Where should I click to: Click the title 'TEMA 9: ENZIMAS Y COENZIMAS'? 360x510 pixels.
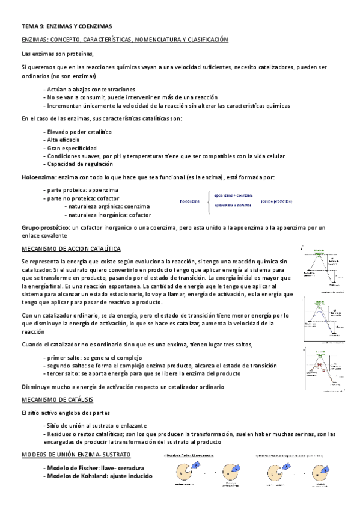tap(66, 26)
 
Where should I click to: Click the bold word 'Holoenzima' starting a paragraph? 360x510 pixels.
tap(38, 177)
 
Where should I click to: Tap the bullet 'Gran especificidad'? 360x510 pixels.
tap(70, 148)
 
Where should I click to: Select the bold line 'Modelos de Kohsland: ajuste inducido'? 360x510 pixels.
tap(98, 476)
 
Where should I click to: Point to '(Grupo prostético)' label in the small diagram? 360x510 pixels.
tap(276, 201)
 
